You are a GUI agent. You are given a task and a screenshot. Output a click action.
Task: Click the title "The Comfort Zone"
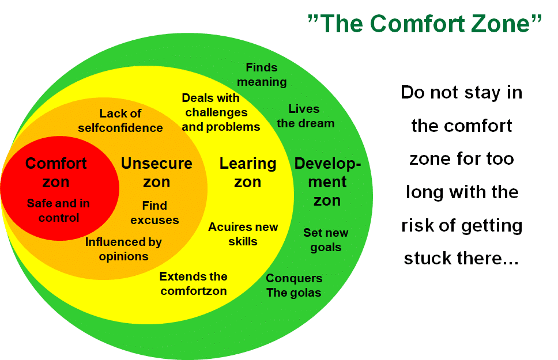coord(424,24)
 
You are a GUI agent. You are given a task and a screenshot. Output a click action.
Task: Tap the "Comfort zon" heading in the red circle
coord(56,173)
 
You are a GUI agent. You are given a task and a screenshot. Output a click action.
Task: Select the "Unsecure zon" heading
coord(157,173)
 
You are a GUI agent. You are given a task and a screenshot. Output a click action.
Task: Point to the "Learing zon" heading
coord(248,173)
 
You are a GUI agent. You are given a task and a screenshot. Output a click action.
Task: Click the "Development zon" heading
coord(327,182)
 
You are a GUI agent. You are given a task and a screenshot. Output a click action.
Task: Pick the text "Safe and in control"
coord(58,211)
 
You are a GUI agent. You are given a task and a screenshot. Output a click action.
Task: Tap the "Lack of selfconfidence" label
coord(120,120)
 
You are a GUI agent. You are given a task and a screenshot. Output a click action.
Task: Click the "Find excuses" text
coord(154,213)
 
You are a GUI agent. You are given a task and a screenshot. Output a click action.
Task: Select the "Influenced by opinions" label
coord(123,249)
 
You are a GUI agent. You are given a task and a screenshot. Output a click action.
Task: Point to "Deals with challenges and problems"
coord(221,112)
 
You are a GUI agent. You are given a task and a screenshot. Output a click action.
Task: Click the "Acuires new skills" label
coord(243,234)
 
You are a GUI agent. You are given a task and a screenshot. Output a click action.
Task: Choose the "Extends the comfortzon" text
coord(193,283)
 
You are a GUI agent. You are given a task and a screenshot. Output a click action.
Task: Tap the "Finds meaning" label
coord(262,74)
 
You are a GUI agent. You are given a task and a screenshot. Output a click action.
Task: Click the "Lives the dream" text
coord(306,116)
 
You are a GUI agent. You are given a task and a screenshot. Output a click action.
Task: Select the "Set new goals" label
coord(326,240)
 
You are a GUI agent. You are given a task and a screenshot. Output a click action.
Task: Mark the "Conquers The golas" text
coord(294,285)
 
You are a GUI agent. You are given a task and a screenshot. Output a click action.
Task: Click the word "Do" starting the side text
coord(412,93)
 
